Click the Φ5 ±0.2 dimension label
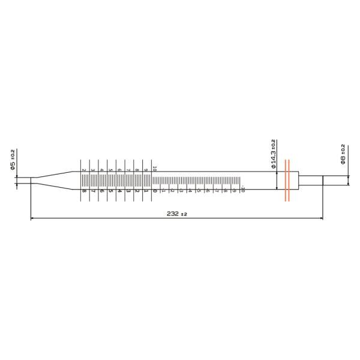pyautogui.click(x=13, y=161)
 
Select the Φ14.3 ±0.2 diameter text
pyautogui.click(x=274, y=155)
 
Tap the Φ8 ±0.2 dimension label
pyautogui.click(x=343, y=154)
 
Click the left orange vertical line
pyautogui.click(x=286, y=180)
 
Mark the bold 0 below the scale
pyautogui.click(x=154, y=191)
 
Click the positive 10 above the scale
pyautogui.click(x=154, y=169)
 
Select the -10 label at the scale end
pyautogui.click(x=242, y=190)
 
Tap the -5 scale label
pyautogui.click(x=198, y=190)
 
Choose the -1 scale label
pyautogui.click(x=163, y=190)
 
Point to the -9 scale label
pyautogui.click(x=233, y=190)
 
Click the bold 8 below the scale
pyautogui.click(x=84, y=191)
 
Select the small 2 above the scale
pyautogui.click(x=84, y=170)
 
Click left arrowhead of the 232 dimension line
pyautogui.click(x=32, y=218)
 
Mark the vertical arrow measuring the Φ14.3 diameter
pyautogui.click(x=276, y=180)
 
